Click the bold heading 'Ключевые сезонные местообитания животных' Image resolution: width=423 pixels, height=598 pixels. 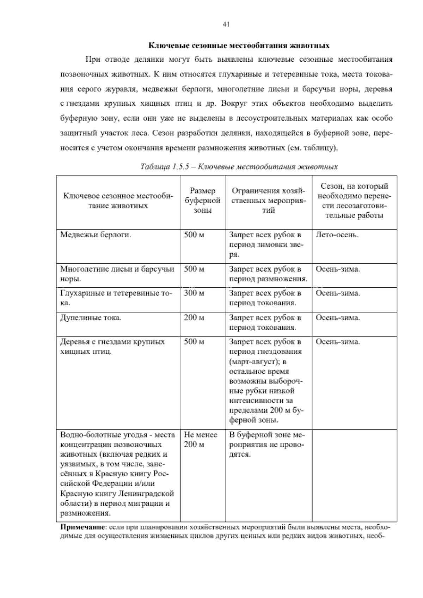click(x=239, y=45)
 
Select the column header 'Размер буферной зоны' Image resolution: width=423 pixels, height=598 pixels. click(x=202, y=201)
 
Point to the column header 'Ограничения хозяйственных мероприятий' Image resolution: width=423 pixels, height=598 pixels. click(x=268, y=201)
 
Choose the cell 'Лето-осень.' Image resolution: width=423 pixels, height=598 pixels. click(x=337, y=234)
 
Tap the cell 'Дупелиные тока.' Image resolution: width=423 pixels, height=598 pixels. click(x=91, y=318)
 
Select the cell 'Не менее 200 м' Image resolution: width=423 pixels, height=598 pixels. click(x=201, y=440)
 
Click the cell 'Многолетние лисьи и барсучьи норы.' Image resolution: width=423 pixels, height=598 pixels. click(x=117, y=274)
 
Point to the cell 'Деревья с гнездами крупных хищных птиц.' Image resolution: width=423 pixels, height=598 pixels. click(x=112, y=347)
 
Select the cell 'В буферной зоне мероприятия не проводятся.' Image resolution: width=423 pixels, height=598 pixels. click(x=266, y=445)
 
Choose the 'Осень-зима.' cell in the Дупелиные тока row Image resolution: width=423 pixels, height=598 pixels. click(x=338, y=318)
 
